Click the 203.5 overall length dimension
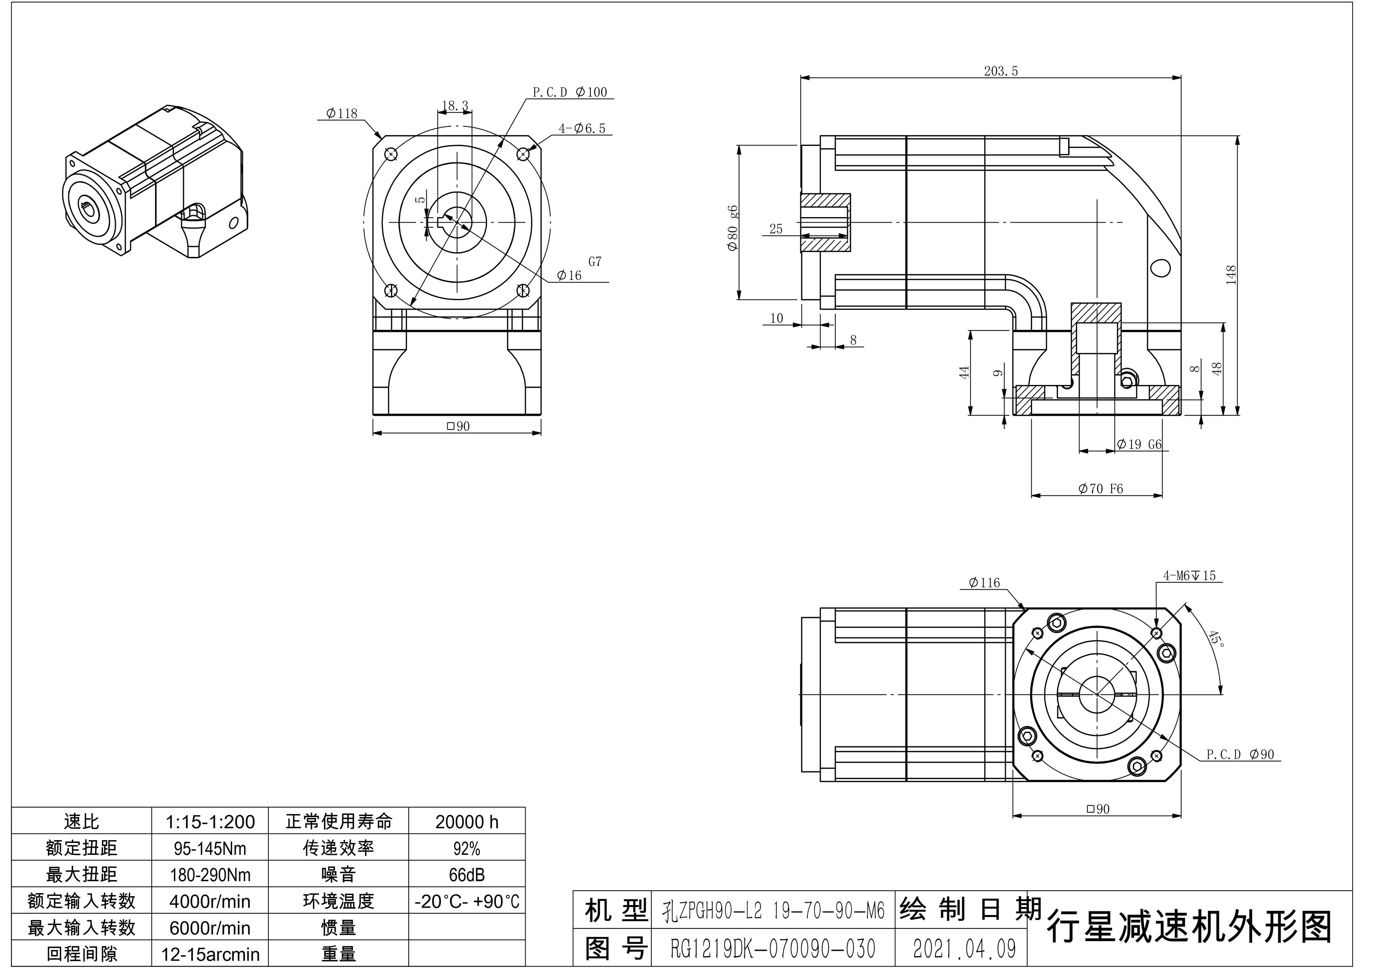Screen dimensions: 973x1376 coord(1001,71)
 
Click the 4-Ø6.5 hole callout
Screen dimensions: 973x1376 coord(582,128)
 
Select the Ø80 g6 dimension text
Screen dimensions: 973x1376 coord(732,228)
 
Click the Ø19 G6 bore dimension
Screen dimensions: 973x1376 coord(1139,444)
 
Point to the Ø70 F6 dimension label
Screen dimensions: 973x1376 coord(1100,489)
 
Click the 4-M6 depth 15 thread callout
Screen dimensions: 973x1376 coord(1189,575)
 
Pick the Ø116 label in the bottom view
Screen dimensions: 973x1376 coord(984,582)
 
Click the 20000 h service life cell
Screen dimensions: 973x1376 coord(466,822)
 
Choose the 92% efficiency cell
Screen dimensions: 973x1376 coord(466,848)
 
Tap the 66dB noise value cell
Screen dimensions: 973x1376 coord(466,875)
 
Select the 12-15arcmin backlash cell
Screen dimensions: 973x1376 coord(210,954)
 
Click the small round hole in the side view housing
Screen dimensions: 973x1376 coord(1161,267)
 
